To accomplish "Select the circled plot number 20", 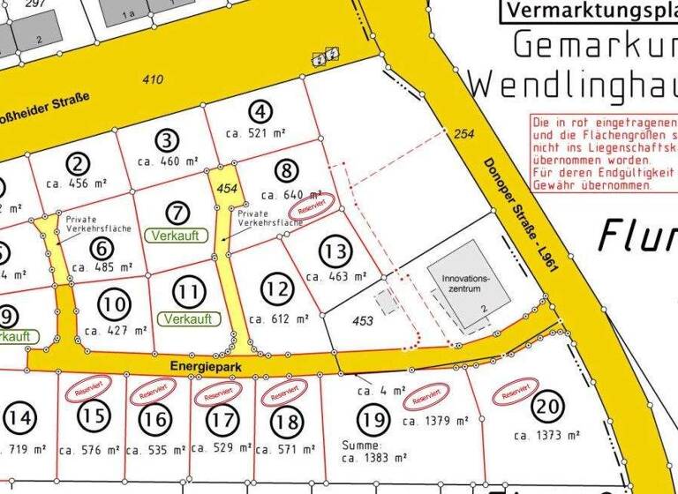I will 547,408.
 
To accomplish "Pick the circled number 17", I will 222,421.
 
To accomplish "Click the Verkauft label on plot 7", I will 179,236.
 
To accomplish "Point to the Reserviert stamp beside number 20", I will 515,393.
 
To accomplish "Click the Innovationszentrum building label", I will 464,282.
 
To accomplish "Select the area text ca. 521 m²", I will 259,133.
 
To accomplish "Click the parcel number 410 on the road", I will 153,80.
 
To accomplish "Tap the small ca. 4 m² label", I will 381,389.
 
